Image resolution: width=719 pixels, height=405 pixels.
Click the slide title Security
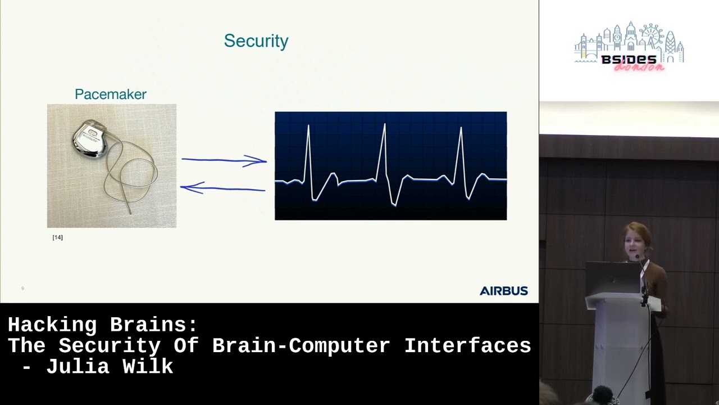[256, 41]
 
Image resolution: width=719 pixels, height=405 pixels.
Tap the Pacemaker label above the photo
[111, 94]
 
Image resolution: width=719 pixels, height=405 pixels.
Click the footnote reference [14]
[57, 237]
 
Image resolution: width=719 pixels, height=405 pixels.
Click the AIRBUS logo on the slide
[503, 291]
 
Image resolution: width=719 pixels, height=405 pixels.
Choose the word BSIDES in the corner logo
[629, 60]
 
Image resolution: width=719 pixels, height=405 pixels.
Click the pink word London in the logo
[639, 67]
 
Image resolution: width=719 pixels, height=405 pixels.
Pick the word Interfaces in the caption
[467, 346]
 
